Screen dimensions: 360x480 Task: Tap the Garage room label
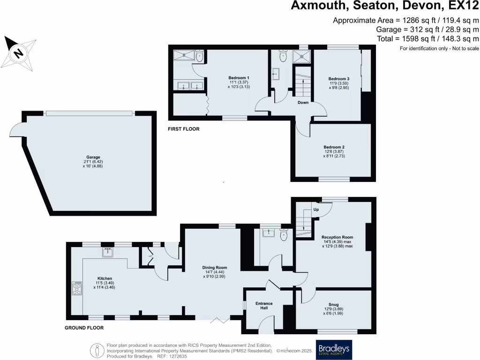pyautogui.click(x=93, y=157)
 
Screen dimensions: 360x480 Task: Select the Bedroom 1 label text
pyautogui.click(x=239, y=78)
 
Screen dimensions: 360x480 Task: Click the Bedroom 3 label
pyautogui.click(x=338, y=78)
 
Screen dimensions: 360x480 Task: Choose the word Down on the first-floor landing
pyautogui.click(x=303, y=103)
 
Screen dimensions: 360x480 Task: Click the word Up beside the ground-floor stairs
pyautogui.click(x=316, y=209)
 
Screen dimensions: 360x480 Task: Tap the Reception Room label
pyautogui.click(x=337, y=237)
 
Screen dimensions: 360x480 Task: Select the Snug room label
pyautogui.click(x=333, y=304)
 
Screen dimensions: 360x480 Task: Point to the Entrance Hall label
pyautogui.click(x=264, y=304)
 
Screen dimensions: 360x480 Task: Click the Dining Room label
pyautogui.click(x=211, y=268)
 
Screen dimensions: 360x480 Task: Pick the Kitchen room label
pyautogui.click(x=105, y=278)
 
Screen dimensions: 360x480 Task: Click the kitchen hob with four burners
pyautogui.click(x=77, y=288)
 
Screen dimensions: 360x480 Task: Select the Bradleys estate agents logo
pyautogui.click(x=335, y=350)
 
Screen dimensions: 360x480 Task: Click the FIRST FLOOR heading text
pyautogui.click(x=184, y=128)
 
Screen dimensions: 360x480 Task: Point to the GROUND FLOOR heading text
pyautogui.click(x=84, y=328)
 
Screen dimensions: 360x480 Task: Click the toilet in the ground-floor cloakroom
pyautogui.click(x=284, y=236)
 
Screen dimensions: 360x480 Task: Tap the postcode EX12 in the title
pyautogui.click(x=460, y=6)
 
